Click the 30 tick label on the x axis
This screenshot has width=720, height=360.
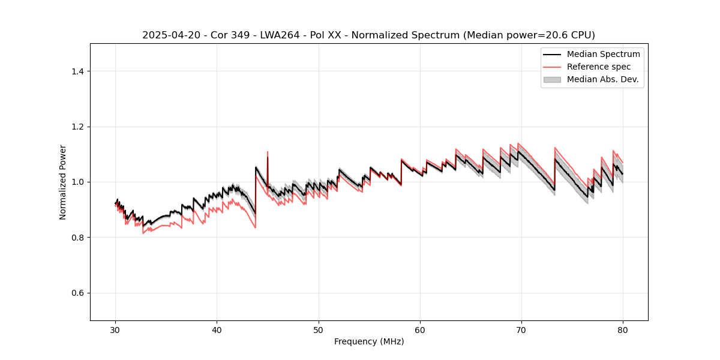point(115,329)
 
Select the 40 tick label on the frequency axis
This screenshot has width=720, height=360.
point(217,329)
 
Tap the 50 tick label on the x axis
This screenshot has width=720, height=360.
point(319,329)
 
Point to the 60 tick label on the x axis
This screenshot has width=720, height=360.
point(420,329)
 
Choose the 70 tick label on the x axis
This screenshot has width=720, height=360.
point(521,329)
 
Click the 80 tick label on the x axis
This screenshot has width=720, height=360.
point(623,329)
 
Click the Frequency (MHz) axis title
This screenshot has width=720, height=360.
point(369,341)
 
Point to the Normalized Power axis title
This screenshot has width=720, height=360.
point(63,182)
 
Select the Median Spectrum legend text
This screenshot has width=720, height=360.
point(603,55)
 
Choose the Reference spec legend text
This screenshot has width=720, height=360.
point(599,67)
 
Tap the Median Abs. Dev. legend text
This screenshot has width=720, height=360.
point(602,79)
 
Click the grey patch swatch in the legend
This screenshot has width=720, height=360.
point(552,79)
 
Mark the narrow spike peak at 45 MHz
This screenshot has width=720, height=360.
point(268,152)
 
